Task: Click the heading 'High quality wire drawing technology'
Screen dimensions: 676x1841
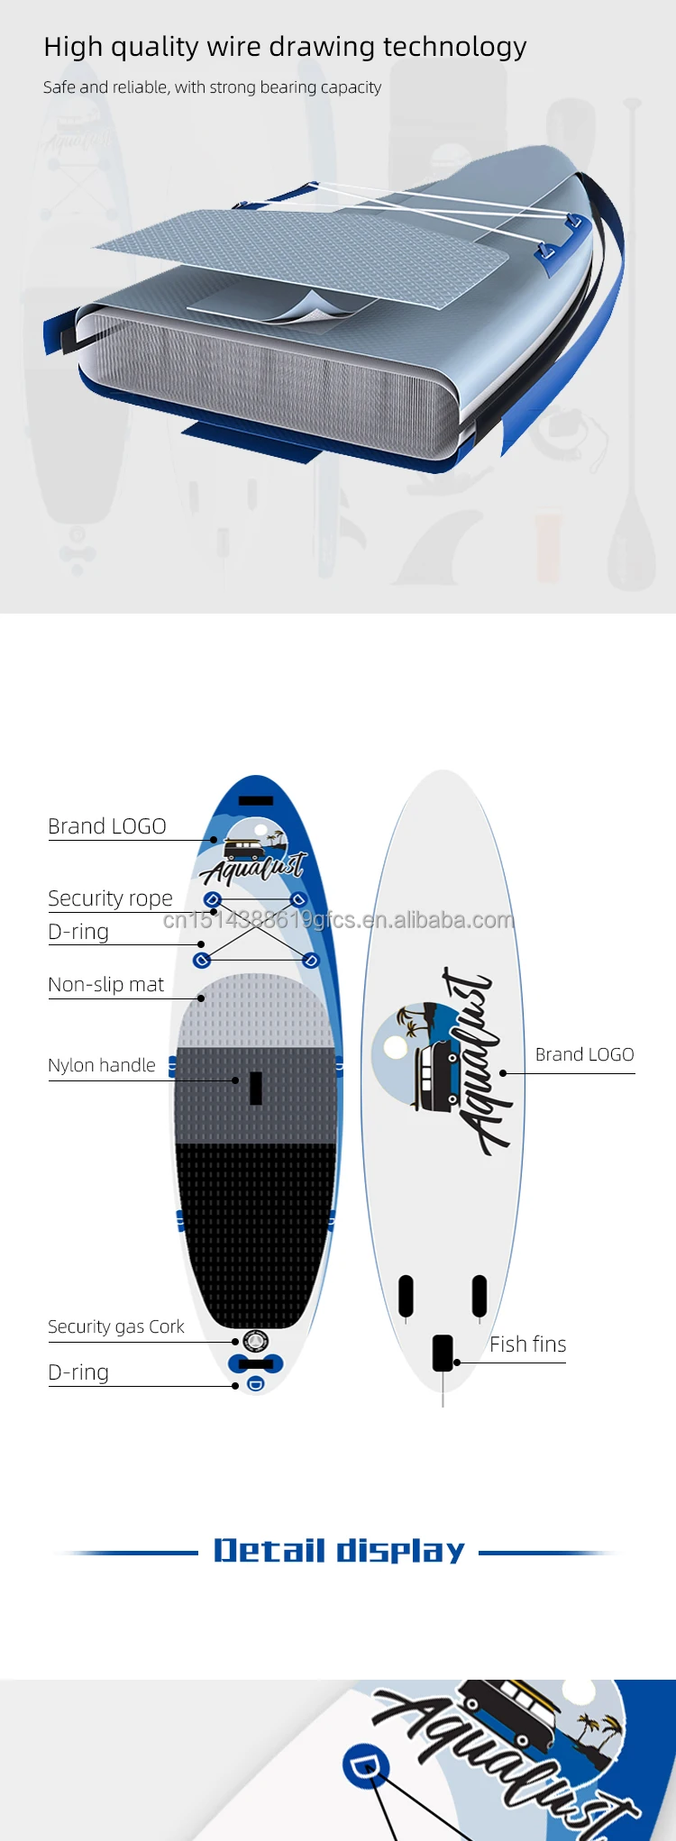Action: pyautogui.click(x=285, y=47)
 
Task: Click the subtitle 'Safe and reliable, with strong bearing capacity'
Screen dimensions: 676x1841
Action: pyautogui.click(x=212, y=87)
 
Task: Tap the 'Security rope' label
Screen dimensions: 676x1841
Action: pyautogui.click(x=110, y=898)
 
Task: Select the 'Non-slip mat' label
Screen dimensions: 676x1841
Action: pyautogui.click(x=105, y=985)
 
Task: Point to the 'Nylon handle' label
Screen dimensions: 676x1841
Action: pyautogui.click(x=102, y=1065)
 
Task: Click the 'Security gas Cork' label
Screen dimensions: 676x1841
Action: pyautogui.click(x=115, y=1326)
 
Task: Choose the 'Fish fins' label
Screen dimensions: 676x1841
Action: pyautogui.click(x=527, y=1344)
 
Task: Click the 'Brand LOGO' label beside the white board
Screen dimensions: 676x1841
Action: pyautogui.click(x=584, y=1054)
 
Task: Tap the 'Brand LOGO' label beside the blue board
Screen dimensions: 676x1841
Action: pyautogui.click(x=106, y=826)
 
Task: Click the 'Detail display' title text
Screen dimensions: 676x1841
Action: pyautogui.click(x=339, y=1551)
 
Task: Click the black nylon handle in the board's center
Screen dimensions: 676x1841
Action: pyautogui.click(x=256, y=1088)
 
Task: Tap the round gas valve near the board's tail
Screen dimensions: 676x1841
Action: pyautogui.click(x=256, y=1343)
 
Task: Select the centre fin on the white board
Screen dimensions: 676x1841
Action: pyautogui.click(x=443, y=1353)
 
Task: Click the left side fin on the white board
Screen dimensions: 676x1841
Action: pyautogui.click(x=407, y=1295)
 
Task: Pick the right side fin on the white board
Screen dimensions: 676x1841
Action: pyautogui.click(x=480, y=1295)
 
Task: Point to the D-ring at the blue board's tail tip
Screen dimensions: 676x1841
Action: pyautogui.click(x=256, y=1384)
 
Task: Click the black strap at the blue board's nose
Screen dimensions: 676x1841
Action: pyautogui.click(x=256, y=800)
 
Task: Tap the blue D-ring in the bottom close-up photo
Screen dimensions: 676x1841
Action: pyautogui.click(x=365, y=1767)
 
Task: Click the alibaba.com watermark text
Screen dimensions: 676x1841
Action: pyautogui.click(x=339, y=920)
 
